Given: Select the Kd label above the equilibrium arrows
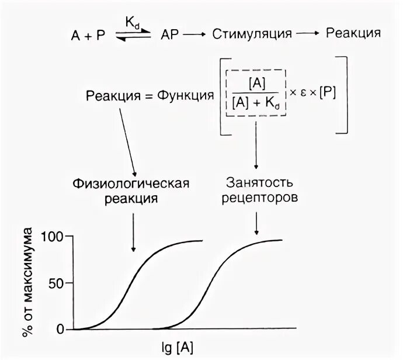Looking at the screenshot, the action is coord(132,22).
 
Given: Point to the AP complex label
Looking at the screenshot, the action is coord(169,34).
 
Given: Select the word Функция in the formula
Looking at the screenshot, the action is coord(182,95).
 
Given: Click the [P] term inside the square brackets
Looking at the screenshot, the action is coord(326,94).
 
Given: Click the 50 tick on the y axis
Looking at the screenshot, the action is coord(58,283).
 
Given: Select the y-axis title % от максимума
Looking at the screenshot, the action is coord(27,283).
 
